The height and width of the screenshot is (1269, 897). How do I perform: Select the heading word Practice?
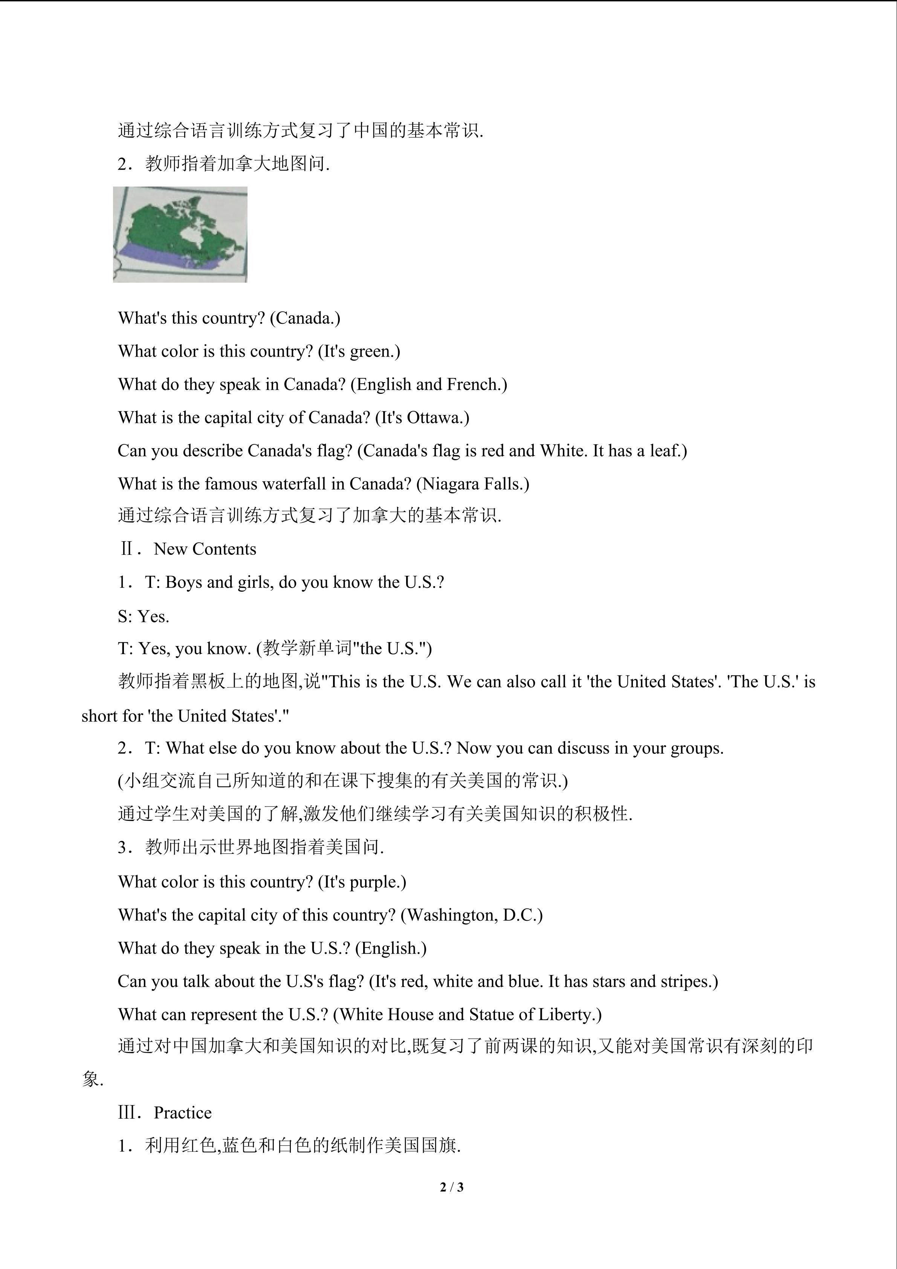pos(182,1113)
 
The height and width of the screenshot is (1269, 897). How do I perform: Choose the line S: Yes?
pos(143,616)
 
